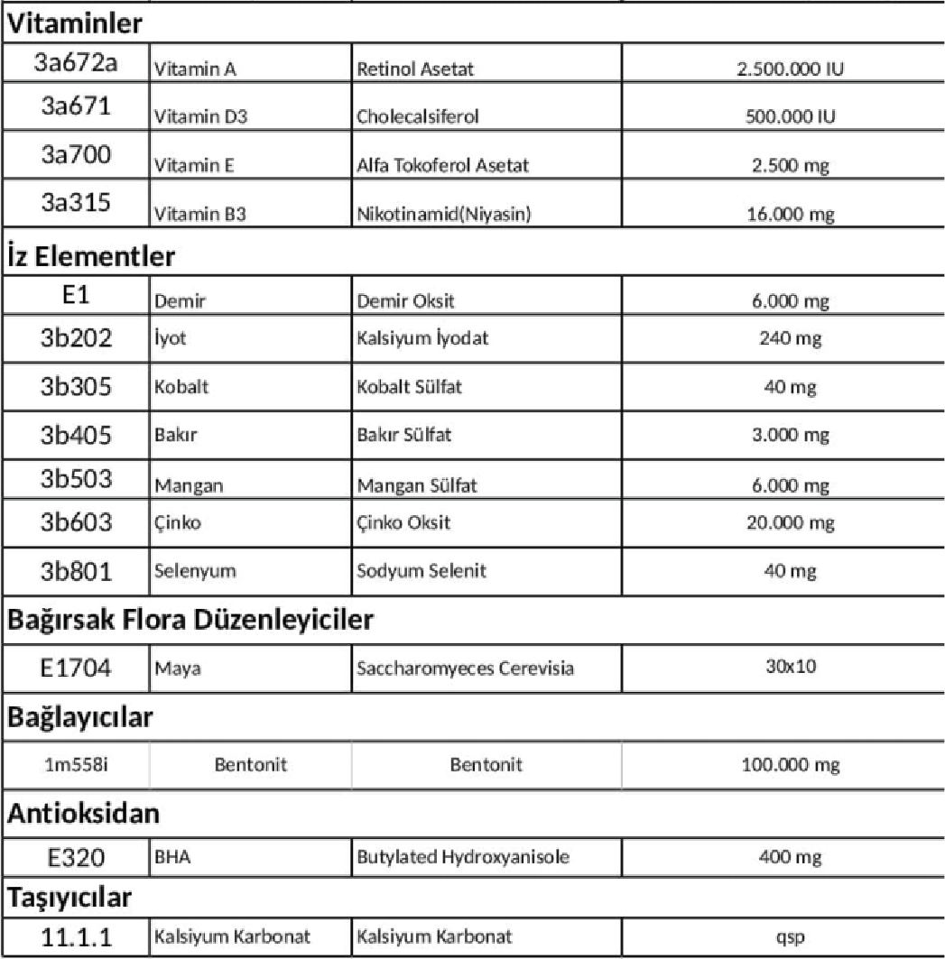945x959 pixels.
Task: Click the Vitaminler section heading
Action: click(77, 25)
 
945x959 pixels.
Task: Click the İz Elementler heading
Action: click(90, 256)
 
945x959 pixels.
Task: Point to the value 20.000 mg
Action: click(783, 522)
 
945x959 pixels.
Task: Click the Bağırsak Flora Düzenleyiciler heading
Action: click(190, 622)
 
